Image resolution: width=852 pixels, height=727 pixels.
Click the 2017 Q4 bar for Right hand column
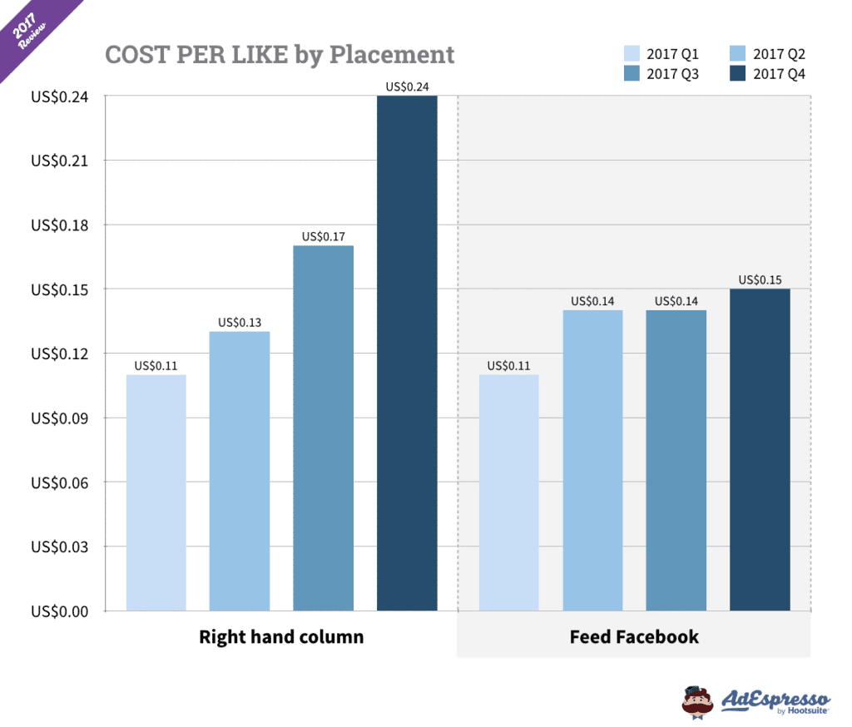pyautogui.click(x=407, y=354)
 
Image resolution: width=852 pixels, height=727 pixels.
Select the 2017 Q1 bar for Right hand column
pyautogui.click(x=156, y=492)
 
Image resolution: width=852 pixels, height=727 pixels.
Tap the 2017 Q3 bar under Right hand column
pyautogui.click(x=323, y=428)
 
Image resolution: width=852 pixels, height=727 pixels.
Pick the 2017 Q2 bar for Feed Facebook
pyautogui.click(x=592, y=460)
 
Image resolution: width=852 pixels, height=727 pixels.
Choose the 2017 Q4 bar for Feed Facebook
pyautogui.click(x=760, y=449)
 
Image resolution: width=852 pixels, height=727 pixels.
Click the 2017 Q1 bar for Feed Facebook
pyautogui.click(x=508, y=492)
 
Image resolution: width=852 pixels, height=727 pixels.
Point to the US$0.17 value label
pyautogui.click(x=323, y=236)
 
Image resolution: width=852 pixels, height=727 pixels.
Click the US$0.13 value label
pyautogui.click(x=240, y=322)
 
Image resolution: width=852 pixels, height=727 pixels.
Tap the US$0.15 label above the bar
pyautogui.click(x=760, y=279)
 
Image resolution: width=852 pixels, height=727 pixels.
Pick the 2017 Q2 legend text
pyautogui.click(x=780, y=55)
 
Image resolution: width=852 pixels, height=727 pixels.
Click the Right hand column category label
pyautogui.click(x=281, y=637)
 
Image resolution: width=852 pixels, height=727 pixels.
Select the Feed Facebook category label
pyautogui.click(x=634, y=637)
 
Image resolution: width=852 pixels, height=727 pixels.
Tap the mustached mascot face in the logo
pyautogui.click(x=698, y=700)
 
